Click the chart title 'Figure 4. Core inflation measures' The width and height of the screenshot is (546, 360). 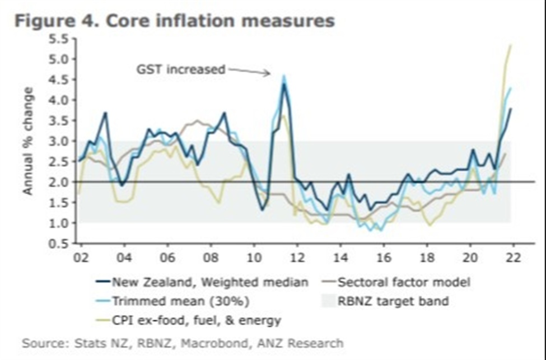click(175, 21)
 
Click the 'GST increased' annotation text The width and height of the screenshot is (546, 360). click(180, 69)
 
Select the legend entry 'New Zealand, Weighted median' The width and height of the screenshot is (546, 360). click(211, 282)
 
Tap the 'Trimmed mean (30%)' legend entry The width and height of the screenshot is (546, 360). click(181, 301)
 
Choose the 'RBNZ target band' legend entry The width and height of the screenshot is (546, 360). click(393, 301)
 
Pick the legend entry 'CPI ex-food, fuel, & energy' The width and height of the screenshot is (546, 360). click(197, 320)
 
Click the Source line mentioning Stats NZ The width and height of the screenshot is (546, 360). click(183, 343)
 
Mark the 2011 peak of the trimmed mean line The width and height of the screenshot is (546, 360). click(283, 76)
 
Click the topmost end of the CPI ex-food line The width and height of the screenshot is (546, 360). click(511, 45)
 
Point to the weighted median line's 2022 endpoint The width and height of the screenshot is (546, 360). click(511, 109)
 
